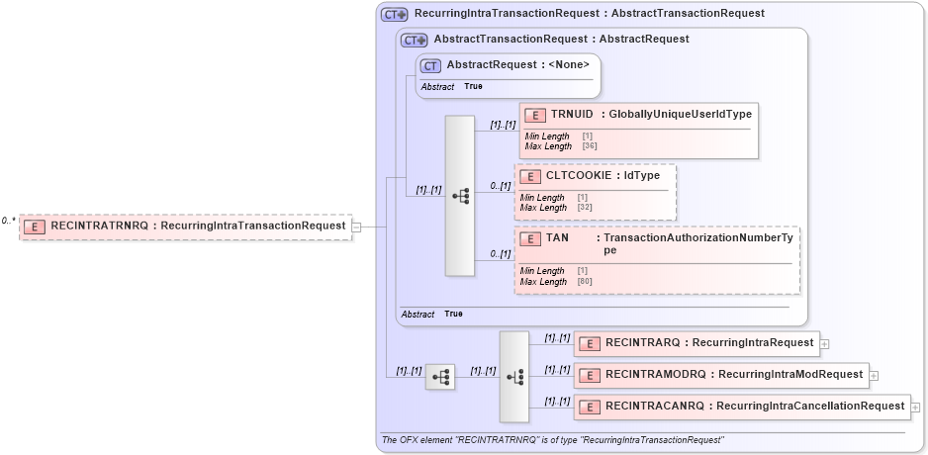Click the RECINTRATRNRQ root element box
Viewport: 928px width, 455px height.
(186, 226)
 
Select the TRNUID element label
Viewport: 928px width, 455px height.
(572, 114)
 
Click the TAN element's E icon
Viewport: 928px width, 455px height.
(530, 238)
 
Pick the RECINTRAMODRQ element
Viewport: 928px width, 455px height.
(721, 375)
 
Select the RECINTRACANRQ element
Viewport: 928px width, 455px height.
(742, 406)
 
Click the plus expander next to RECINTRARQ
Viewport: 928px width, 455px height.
(824, 344)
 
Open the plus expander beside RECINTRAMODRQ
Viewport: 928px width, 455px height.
(874, 376)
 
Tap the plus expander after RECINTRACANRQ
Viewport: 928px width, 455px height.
(915, 407)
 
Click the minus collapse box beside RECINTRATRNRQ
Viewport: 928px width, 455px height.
(356, 227)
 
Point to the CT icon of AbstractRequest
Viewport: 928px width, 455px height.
(430, 65)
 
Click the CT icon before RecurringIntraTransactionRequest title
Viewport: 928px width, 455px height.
(394, 15)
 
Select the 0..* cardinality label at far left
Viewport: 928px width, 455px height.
(9, 221)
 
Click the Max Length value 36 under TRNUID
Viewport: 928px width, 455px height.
(590, 146)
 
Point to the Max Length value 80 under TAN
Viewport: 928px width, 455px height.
(585, 282)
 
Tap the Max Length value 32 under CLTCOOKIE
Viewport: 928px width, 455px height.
(585, 208)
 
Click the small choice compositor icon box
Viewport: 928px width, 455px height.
(440, 377)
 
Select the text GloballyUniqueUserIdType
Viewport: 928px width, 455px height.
(681, 114)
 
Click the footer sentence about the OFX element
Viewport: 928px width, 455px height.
(553, 439)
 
